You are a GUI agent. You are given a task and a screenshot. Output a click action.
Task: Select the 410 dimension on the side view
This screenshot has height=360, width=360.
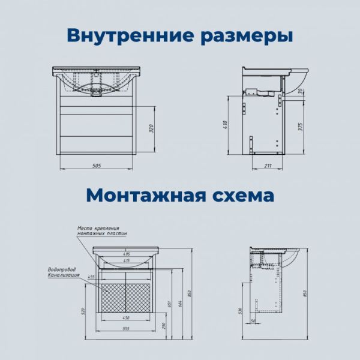coord(226,125)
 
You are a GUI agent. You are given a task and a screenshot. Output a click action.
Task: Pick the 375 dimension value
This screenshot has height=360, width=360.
coord(299,126)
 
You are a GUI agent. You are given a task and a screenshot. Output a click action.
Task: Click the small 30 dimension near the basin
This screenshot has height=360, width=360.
coord(299,91)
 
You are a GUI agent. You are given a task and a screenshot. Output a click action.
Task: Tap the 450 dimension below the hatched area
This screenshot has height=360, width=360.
coord(127,318)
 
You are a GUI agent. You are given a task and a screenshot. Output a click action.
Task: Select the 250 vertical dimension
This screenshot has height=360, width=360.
coord(163,325)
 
